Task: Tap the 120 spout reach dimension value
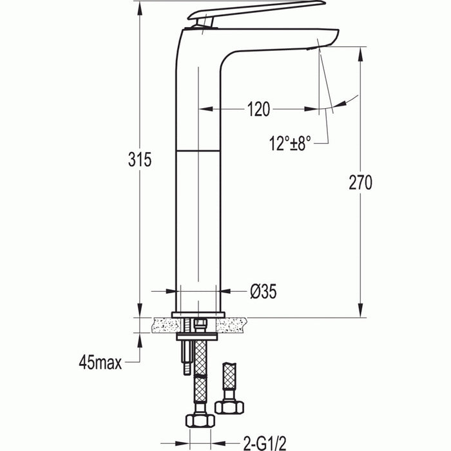point(258,110)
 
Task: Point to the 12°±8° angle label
point(291,144)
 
